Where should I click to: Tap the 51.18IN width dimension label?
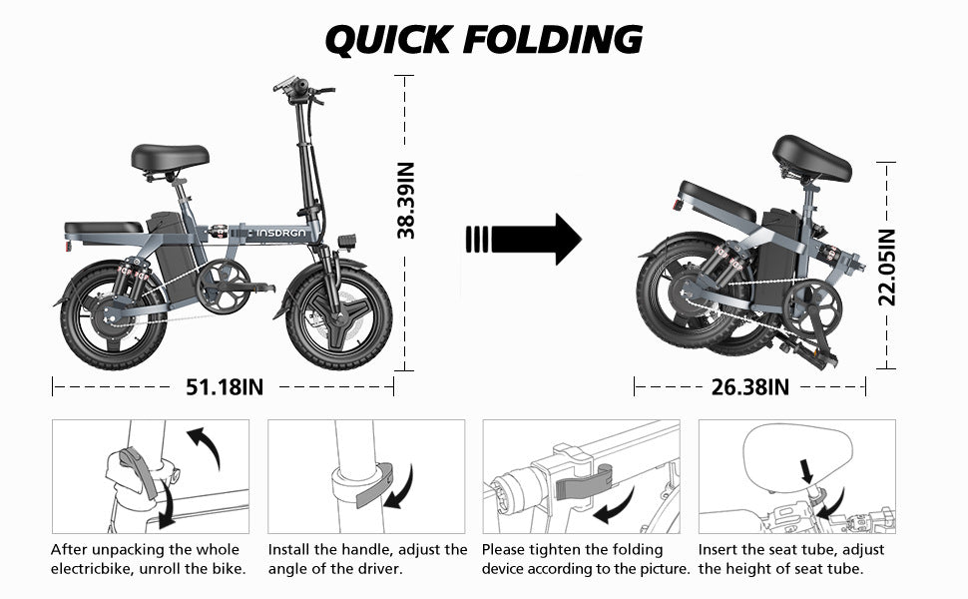click(225, 386)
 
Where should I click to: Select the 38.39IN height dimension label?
click(406, 201)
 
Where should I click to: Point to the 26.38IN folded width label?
click(750, 386)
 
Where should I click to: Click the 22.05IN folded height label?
click(887, 267)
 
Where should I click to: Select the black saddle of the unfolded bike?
click(170, 157)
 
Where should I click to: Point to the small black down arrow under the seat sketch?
click(807, 468)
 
